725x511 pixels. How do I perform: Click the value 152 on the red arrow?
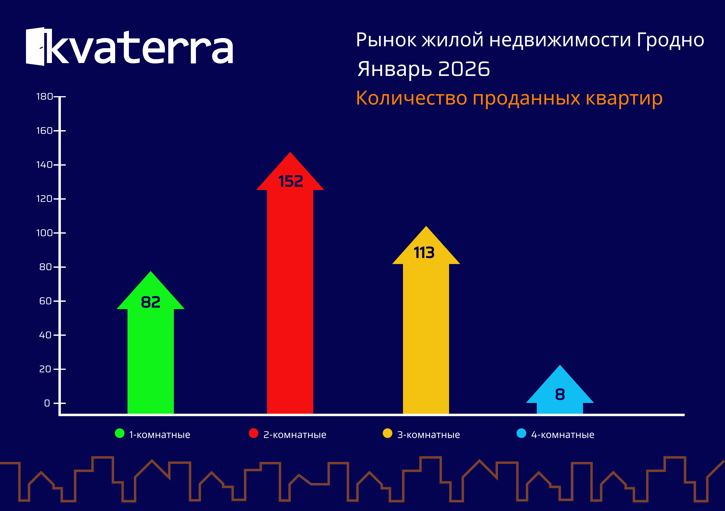tap(291, 182)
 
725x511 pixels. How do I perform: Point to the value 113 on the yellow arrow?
tap(424, 253)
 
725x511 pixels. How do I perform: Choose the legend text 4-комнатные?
tap(563, 435)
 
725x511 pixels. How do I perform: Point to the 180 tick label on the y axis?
tap(45, 97)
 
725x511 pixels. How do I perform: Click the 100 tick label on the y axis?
tap(45, 233)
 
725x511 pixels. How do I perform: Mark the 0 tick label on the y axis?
tap(47, 403)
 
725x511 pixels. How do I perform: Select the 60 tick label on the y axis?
tap(46, 301)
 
